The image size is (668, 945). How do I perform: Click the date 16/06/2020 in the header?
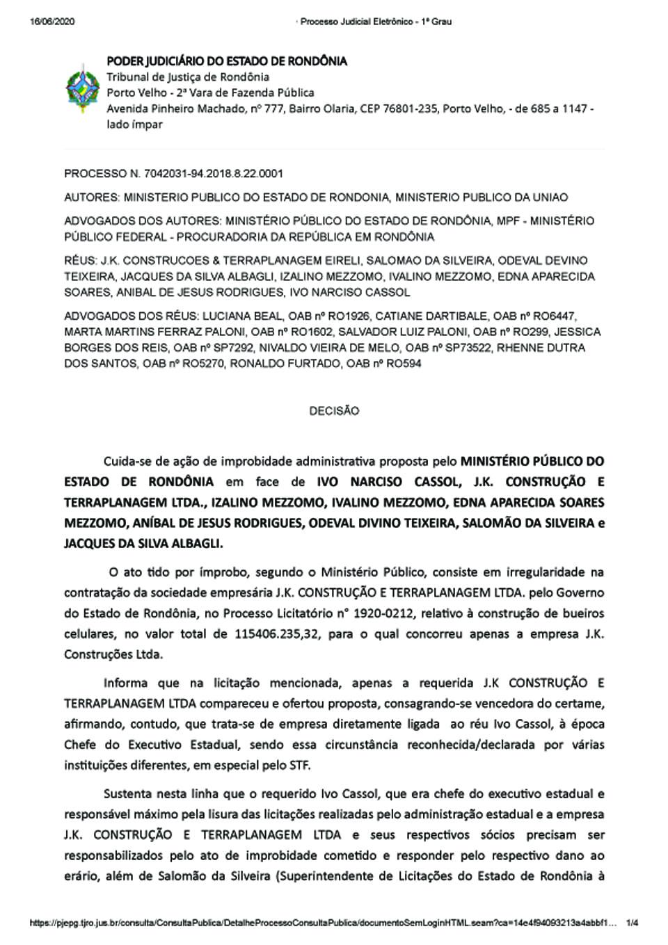click(52, 22)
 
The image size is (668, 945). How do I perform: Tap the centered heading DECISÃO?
click(334, 411)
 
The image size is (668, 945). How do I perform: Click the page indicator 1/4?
click(632, 923)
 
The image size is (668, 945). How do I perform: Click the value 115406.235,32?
click(275, 634)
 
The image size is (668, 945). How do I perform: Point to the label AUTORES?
click(92, 197)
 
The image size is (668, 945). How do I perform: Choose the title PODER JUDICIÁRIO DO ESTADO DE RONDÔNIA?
click(226, 61)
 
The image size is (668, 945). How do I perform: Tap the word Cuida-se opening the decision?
click(128, 461)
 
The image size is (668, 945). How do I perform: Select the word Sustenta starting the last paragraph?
click(129, 793)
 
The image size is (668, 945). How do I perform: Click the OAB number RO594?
click(404, 364)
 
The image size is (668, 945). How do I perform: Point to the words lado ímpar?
click(134, 124)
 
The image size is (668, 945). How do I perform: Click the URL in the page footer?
click(323, 923)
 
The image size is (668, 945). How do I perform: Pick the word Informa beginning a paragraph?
click(129, 683)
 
